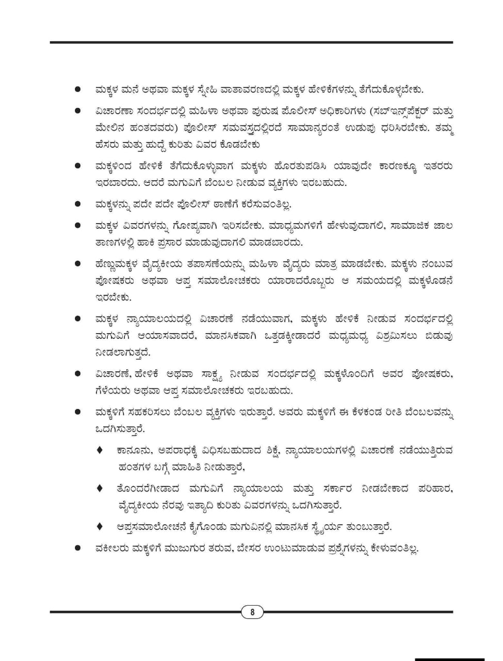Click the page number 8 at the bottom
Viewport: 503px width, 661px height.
click(x=252, y=612)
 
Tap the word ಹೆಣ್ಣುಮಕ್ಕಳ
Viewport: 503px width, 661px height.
click(x=120, y=264)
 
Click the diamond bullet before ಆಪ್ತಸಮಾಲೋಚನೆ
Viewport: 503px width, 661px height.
click(x=100, y=526)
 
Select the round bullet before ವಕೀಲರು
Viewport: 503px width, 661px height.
click(x=78, y=547)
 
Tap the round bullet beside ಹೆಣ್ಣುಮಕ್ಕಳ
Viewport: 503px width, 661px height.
click(x=78, y=264)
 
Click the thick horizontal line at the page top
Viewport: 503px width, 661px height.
click(x=251, y=42)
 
